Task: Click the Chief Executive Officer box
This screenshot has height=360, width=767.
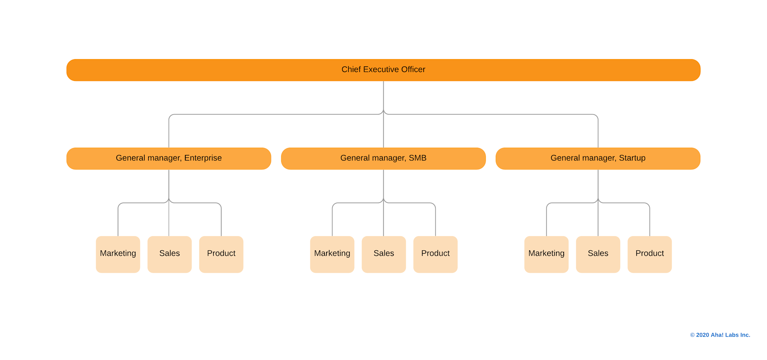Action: pyautogui.click(x=383, y=70)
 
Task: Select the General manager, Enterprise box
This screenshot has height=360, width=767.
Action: pyautogui.click(x=168, y=158)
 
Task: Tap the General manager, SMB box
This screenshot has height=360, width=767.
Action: pyautogui.click(x=383, y=158)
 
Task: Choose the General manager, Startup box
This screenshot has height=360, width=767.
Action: pyautogui.click(x=597, y=158)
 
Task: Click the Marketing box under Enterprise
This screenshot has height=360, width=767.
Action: pyautogui.click(x=118, y=254)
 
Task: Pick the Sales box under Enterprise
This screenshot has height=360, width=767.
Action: pyautogui.click(x=169, y=254)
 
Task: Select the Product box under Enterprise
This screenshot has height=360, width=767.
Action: pyautogui.click(x=221, y=254)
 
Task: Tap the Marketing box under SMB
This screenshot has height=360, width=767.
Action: pyautogui.click(x=332, y=254)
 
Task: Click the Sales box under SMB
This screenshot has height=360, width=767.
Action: pyautogui.click(x=383, y=254)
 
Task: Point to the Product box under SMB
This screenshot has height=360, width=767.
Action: pyautogui.click(x=435, y=254)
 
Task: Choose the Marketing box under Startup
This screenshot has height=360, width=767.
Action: pyautogui.click(x=546, y=254)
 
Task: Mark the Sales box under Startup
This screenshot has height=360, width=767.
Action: pyautogui.click(x=598, y=254)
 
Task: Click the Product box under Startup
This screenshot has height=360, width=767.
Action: pyautogui.click(x=649, y=254)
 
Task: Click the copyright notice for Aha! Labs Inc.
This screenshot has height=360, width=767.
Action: pyautogui.click(x=720, y=335)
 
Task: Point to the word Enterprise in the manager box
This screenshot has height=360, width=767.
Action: pyautogui.click(x=203, y=158)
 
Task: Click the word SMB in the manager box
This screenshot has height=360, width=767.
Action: pyautogui.click(x=417, y=158)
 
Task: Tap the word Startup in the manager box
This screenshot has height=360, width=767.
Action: pyautogui.click(x=632, y=158)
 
